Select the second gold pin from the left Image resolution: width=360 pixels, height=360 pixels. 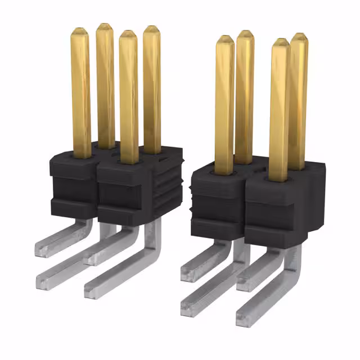pos(105,84)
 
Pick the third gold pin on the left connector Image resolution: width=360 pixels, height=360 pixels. pos(128,96)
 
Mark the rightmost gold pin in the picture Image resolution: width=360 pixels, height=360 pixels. pos(299,98)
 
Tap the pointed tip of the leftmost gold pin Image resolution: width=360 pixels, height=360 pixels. pos(80,31)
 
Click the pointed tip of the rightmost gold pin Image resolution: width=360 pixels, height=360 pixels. pos(300,37)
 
